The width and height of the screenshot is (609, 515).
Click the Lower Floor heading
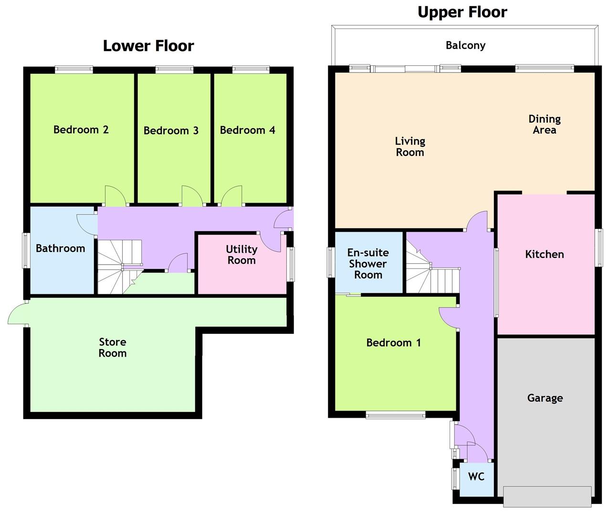tap(148, 46)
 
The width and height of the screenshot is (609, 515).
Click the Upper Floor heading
tap(462, 12)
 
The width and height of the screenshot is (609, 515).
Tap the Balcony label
tap(465, 45)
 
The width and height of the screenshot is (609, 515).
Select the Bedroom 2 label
tap(81, 130)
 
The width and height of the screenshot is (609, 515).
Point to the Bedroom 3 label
tap(171, 131)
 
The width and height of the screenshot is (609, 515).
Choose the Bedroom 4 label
tap(247, 130)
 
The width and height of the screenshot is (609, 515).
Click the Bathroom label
tap(61, 248)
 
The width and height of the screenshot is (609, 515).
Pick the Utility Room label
tap(241, 255)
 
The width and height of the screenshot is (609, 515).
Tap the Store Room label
tap(113, 348)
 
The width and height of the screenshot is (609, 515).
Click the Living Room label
tap(410, 147)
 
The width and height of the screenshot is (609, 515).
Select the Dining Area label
tap(545, 124)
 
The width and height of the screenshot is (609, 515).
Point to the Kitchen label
tap(545, 255)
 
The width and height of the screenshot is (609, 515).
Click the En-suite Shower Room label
tap(368, 264)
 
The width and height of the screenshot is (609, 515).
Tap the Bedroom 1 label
tap(394, 343)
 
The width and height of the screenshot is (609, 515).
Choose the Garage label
tap(545, 398)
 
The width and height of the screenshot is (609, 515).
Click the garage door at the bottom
tap(547, 496)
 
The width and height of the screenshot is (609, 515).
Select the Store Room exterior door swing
tap(18, 314)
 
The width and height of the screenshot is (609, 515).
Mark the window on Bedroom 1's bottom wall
tap(395, 415)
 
